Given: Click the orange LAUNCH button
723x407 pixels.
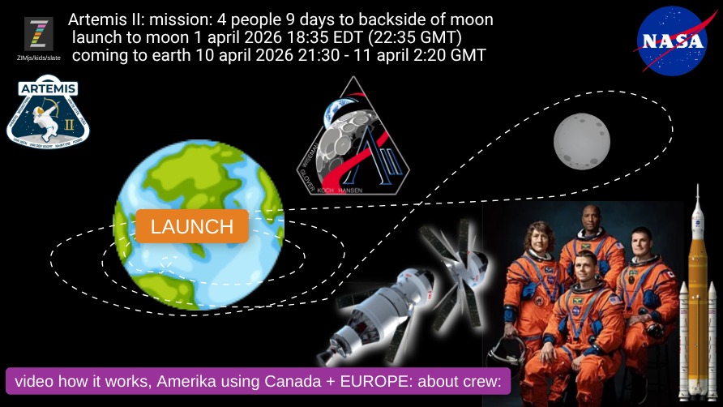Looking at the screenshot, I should click(192, 226).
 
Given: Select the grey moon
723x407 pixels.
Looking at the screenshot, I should click(581, 140).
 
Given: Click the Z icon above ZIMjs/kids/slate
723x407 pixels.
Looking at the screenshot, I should click(38, 34).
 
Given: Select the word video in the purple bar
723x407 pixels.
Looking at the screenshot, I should click(34, 381).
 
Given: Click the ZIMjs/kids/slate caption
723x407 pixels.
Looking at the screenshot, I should click(38, 58).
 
